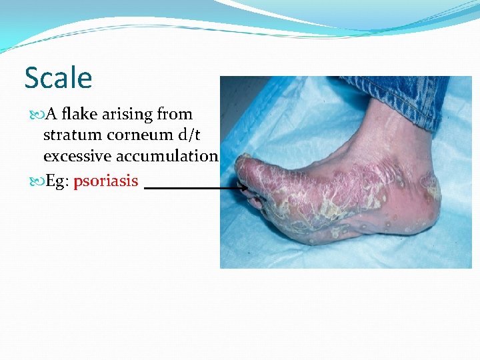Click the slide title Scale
click(x=58, y=78)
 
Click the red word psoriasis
click(x=106, y=181)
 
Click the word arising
click(x=130, y=115)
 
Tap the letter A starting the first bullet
click(x=49, y=115)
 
